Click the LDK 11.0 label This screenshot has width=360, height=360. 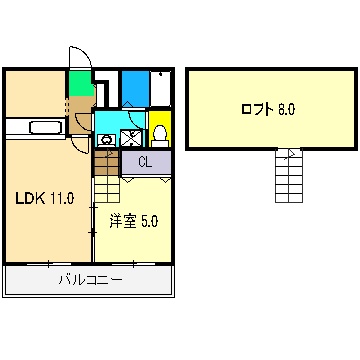pos(44,197)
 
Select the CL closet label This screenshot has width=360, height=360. pos(145,161)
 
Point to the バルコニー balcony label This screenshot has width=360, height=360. pos(90,281)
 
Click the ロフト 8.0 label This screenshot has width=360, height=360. pos(267,108)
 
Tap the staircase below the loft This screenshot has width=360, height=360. pos(288,174)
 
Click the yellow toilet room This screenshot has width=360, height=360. pos(159,129)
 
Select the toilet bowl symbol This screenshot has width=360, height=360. pos(159,134)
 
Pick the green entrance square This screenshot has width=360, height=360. pos(79,82)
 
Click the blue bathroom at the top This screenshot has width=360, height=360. pos(134,88)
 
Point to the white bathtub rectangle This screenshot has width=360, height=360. pos(161,88)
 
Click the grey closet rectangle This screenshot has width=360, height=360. pos(146,161)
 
